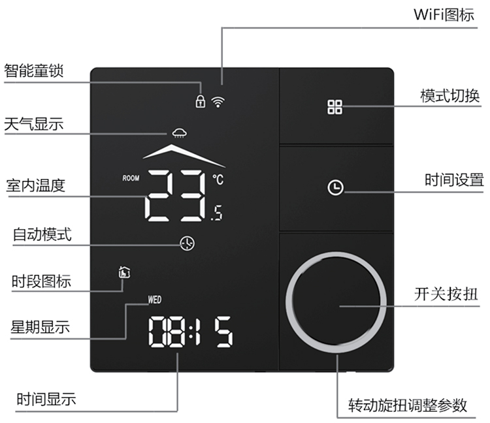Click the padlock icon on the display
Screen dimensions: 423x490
click(x=201, y=101)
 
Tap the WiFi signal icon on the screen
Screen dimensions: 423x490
click(x=217, y=101)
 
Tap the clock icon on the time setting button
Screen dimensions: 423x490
click(x=335, y=188)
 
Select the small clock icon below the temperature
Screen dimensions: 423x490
click(x=187, y=243)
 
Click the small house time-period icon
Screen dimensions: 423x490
click(x=123, y=272)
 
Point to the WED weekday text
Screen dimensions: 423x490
click(x=155, y=301)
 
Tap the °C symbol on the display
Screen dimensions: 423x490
click(x=217, y=178)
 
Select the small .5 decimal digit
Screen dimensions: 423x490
click(x=216, y=213)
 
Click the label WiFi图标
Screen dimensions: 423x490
click(x=444, y=14)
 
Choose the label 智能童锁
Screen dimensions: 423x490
click(x=34, y=70)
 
